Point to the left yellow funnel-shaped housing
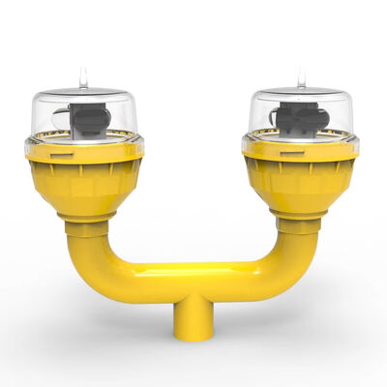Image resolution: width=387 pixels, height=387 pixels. (85, 184)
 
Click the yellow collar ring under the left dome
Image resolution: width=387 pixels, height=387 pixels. (85, 153)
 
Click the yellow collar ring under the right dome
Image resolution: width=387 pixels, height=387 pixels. (300, 151)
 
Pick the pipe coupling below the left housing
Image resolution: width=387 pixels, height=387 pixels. (87, 227)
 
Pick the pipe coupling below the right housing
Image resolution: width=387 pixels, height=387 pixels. (297, 225)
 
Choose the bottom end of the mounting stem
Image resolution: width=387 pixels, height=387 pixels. (193, 336)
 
